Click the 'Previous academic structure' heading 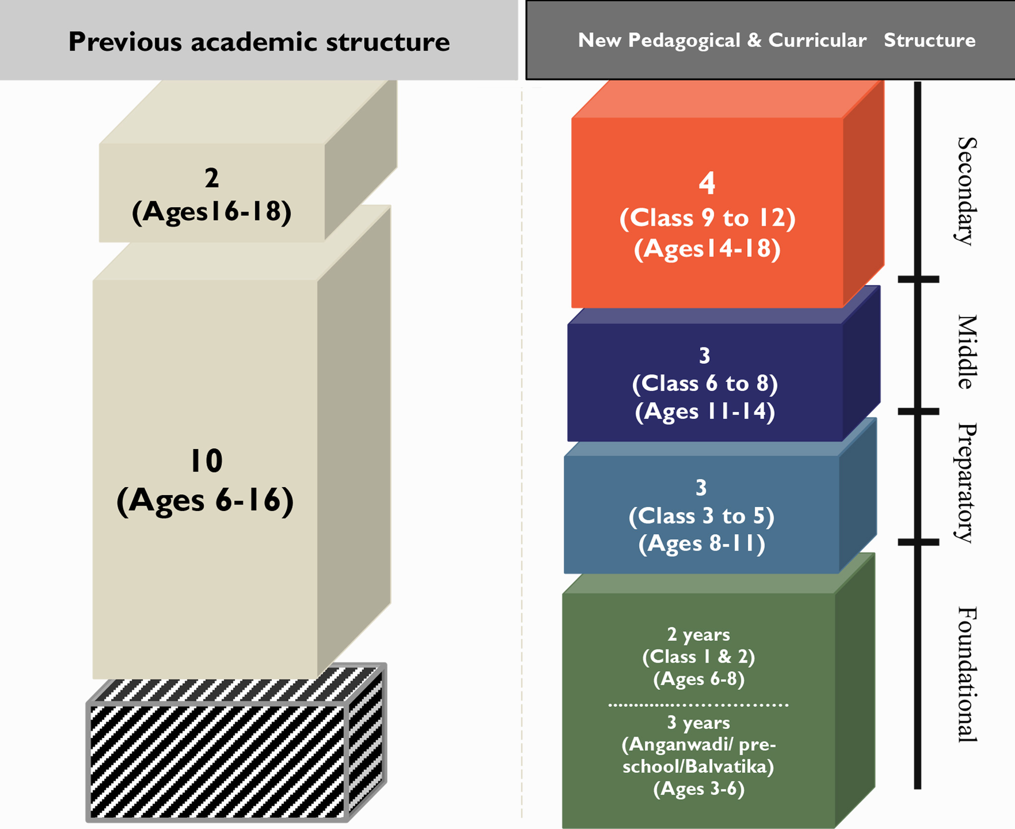click(x=259, y=42)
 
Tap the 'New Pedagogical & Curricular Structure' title click(x=776, y=40)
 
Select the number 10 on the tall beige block click(x=206, y=461)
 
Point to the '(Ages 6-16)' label click(x=205, y=500)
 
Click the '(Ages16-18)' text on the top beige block click(x=212, y=211)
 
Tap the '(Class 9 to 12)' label click(x=707, y=218)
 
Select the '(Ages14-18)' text click(x=707, y=249)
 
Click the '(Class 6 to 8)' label click(x=704, y=383)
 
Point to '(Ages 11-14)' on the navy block click(x=704, y=411)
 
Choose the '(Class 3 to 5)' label click(x=701, y=516)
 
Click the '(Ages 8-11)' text click(x=701, y=543)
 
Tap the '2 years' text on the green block click(x=699, y=635)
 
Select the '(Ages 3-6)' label click(x=699, y=789)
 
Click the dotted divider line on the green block click(x=698, y=705)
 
